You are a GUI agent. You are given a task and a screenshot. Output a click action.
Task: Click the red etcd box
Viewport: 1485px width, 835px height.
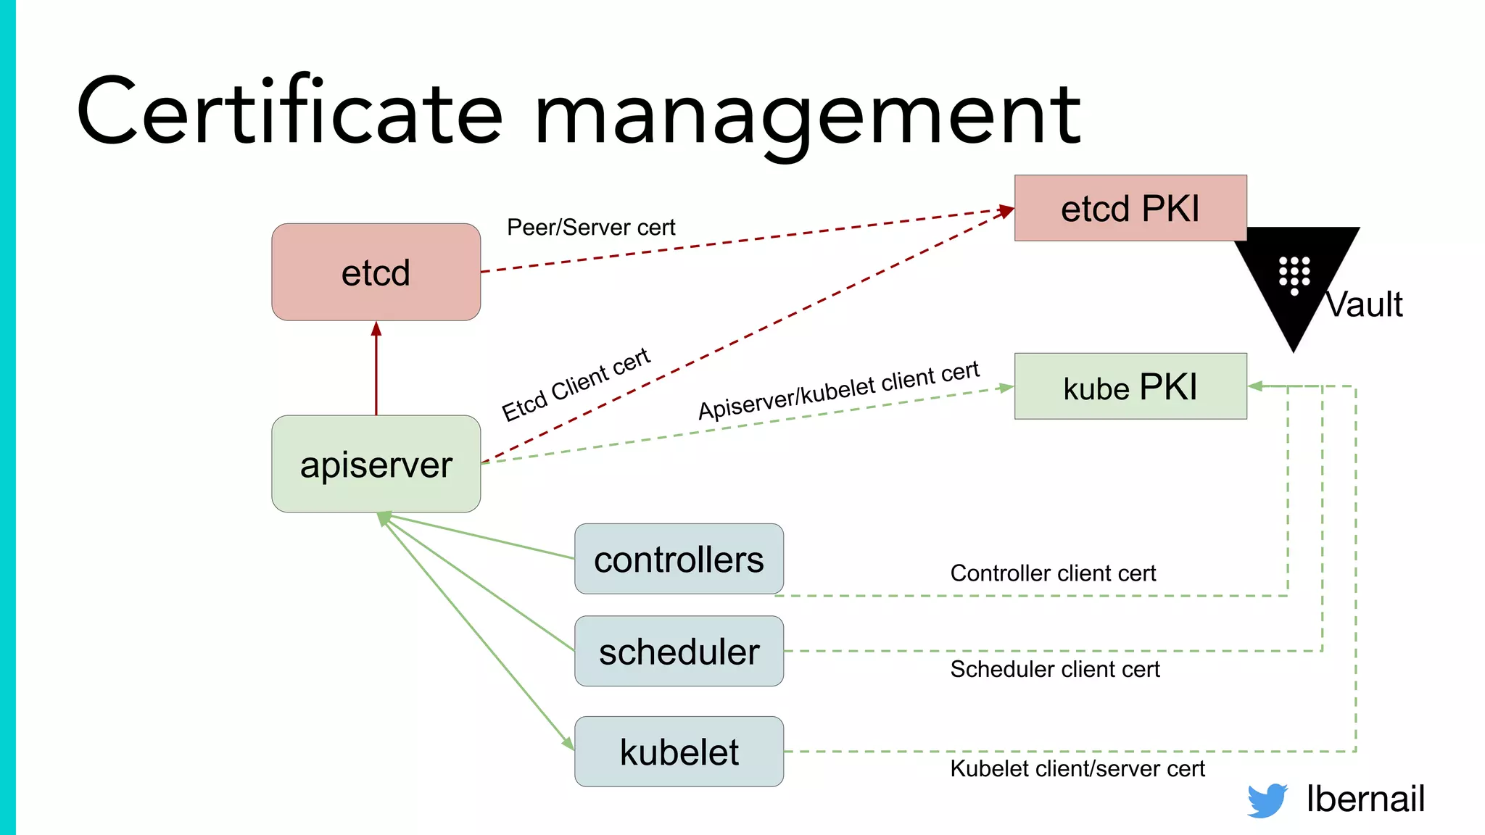tap(376, 272)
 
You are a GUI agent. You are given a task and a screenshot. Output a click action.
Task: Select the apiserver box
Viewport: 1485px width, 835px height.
tap(376, 464)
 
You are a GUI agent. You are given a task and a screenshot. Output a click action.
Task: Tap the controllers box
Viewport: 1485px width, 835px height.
tap(679, 559)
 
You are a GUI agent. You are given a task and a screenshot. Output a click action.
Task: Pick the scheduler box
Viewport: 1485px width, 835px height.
tap(679, 651)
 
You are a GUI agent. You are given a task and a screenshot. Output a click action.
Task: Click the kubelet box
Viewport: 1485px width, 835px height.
tap(679, 752)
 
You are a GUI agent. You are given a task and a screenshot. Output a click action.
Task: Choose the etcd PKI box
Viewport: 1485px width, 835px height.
tap(1130, 208)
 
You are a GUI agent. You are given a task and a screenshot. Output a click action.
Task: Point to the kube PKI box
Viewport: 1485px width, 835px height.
tap(1130, 386)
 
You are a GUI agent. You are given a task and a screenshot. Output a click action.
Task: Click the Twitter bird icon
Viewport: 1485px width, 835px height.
tap(1267, 799)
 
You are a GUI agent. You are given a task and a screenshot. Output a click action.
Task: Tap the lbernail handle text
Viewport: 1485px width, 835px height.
tap(1365, 799)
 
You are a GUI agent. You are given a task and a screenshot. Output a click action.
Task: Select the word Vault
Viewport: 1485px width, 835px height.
tap(1365, 304)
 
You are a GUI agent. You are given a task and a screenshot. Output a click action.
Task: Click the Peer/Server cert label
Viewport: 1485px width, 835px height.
tap(591, 228)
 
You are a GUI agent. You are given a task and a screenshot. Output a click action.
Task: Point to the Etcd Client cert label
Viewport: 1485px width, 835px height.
tap(576, 384)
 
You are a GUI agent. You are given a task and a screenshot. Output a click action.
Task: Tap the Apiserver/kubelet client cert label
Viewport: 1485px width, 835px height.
tap(839, 390)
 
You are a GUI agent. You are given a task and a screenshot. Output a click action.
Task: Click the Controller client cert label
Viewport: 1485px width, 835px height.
tap(1053, 573)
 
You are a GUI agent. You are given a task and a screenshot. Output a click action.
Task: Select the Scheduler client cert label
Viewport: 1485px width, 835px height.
tap(1055, 669)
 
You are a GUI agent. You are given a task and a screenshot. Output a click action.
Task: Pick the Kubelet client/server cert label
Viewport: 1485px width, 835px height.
tap(1077, 768)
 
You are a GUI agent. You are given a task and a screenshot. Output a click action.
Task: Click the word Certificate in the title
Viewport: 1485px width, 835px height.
tap(290, 112)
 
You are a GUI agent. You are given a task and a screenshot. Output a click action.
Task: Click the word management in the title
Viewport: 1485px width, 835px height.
tap(807, 116)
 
